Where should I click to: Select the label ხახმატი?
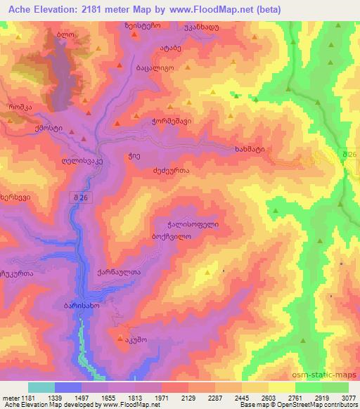click(251, 150)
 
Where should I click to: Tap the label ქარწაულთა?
click(115, 273)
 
